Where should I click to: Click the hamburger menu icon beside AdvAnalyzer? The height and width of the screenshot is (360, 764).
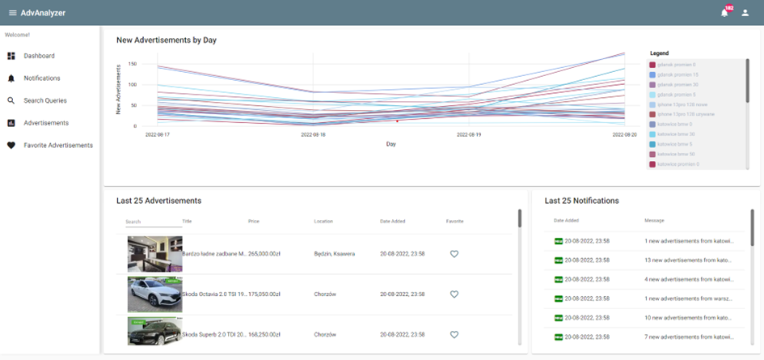coord(12,13)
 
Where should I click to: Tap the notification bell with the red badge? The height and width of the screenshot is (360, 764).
coord(724,13)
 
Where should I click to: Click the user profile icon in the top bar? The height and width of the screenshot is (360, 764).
coord(745,13)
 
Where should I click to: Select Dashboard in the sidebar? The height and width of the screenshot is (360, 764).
coord(39,56)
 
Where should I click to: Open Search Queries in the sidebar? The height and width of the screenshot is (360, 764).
coord(44,100)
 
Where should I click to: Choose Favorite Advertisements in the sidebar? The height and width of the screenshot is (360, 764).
coord(58,146)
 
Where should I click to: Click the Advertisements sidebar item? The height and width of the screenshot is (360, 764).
coord(46,123)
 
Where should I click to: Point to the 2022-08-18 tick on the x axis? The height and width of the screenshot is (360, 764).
coord(314,135)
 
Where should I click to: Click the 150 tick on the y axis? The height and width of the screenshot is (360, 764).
coord(132,64)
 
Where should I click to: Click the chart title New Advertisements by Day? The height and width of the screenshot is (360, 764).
coord(166,40)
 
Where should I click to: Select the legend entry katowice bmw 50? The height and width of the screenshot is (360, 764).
coord(677,154)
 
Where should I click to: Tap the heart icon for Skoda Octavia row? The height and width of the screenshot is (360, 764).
coord(454,294)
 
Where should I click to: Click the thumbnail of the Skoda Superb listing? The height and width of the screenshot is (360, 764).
coord(154,330)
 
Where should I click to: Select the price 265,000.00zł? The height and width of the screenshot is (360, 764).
coord(264,254)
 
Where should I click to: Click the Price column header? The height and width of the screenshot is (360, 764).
coord(254,221)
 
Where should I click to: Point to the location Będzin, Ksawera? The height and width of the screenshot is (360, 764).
coord(335,254)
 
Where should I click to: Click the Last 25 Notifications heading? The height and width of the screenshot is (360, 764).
coord(581,200)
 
